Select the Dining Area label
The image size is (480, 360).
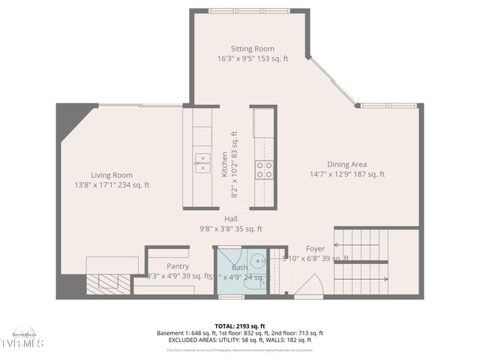click(346, 164)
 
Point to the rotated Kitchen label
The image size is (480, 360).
click(224, 164)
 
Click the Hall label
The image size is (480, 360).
click(230, 219)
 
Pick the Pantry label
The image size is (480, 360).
click(178, 266)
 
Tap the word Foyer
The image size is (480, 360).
click(316, 248)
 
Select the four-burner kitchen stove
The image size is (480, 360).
click(264, 169)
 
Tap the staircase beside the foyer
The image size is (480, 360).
click(361, 262)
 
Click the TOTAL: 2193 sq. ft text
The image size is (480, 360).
click(240, 326)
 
